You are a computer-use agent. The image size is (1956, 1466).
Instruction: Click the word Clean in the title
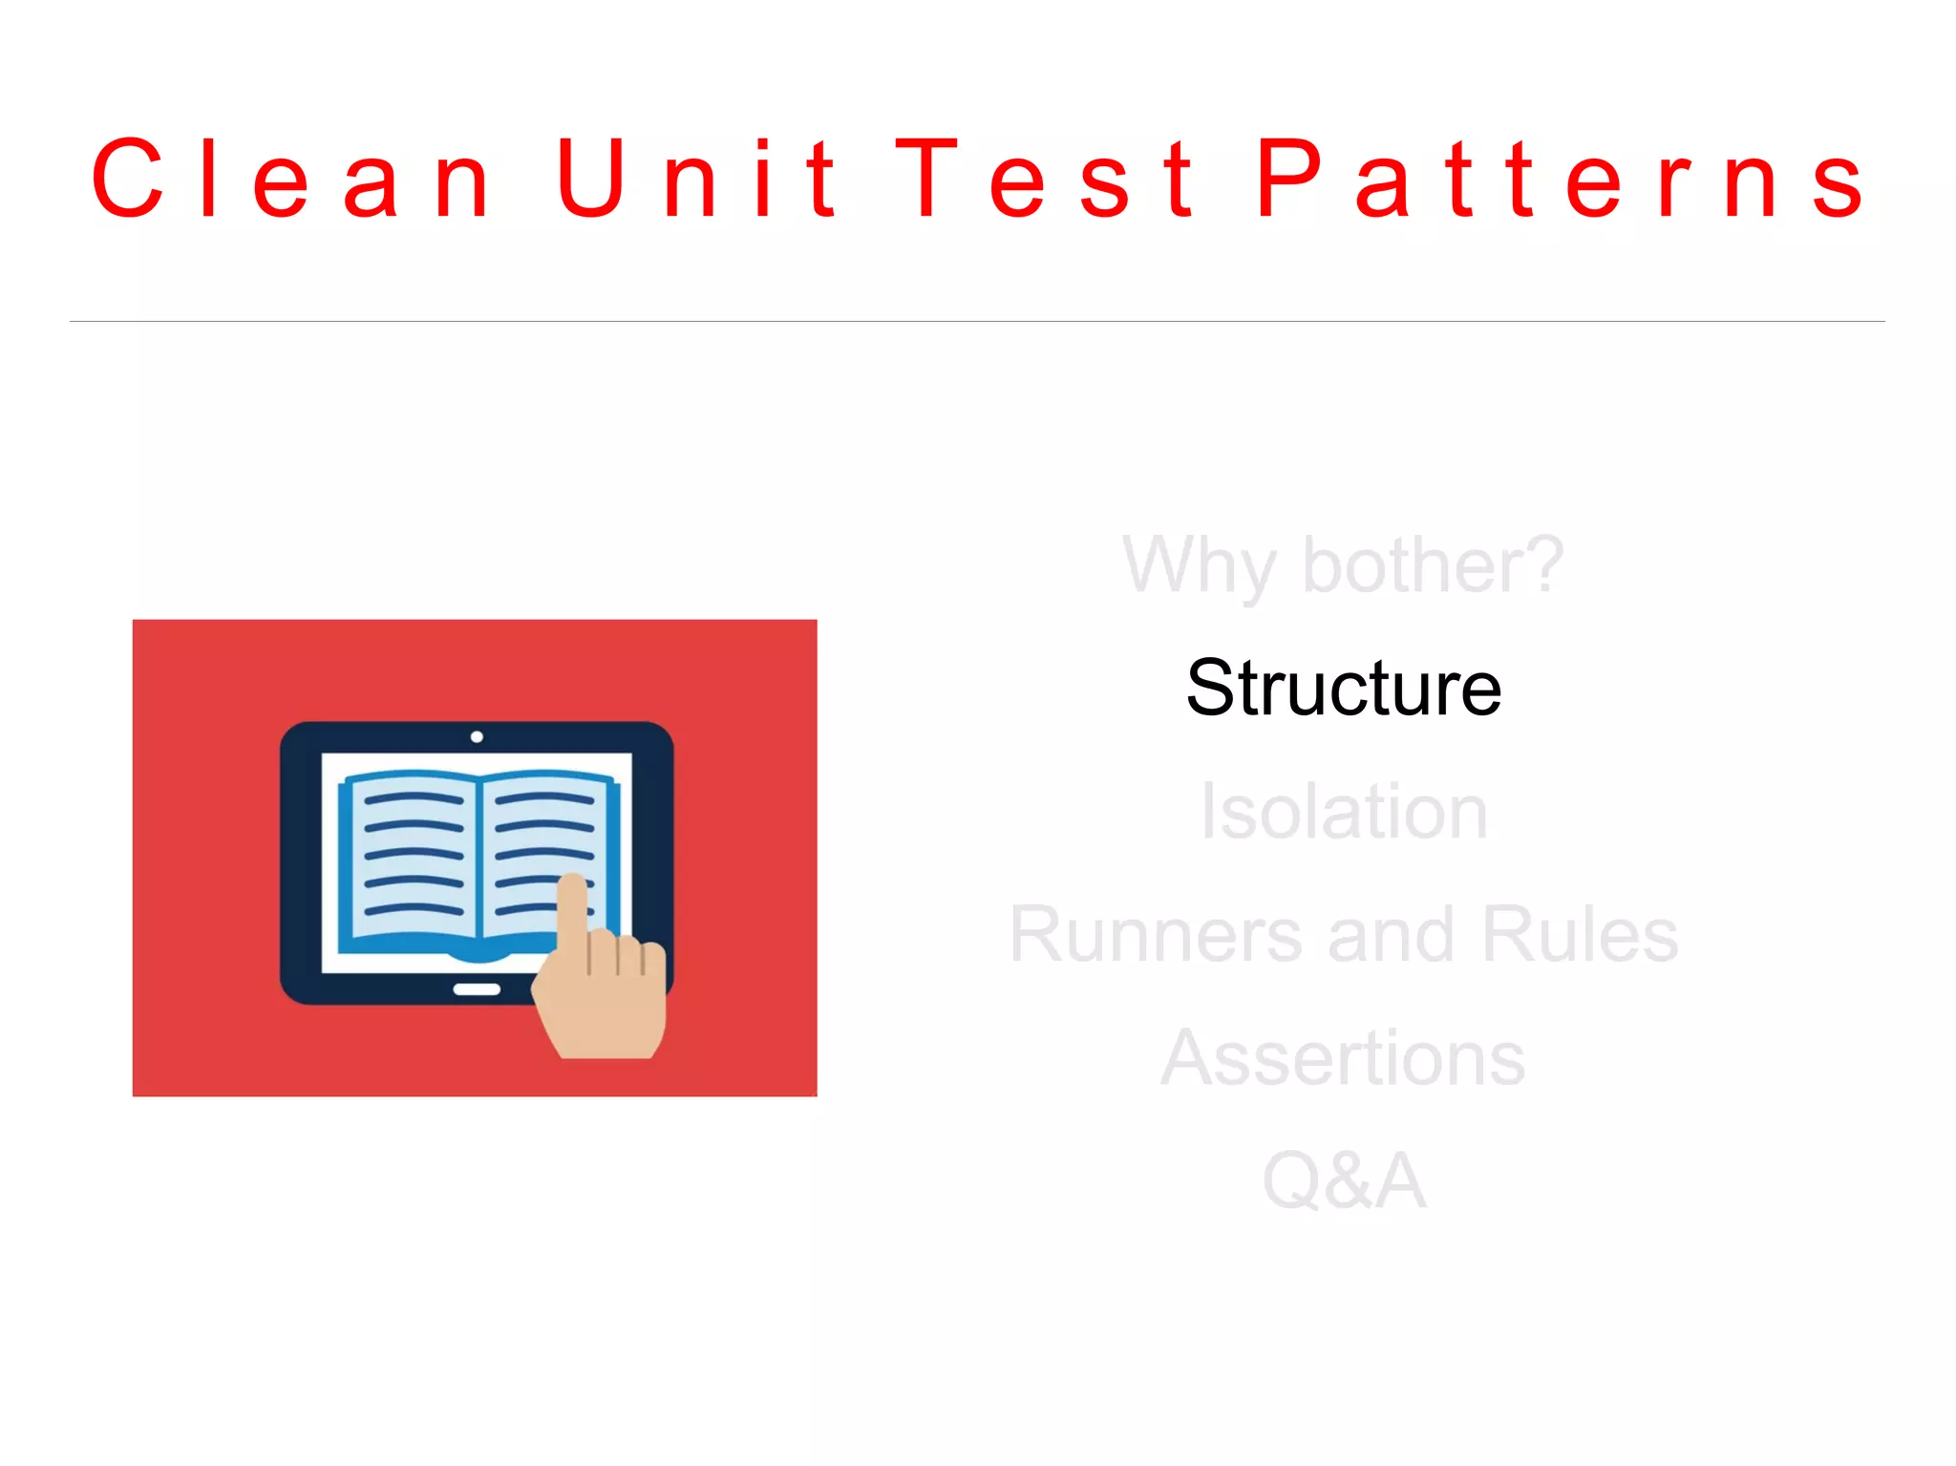pos(291,179)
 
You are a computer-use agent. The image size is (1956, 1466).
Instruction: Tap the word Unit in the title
pos(697,179)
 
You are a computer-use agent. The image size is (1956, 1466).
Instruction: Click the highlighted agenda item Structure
pos(1344,688)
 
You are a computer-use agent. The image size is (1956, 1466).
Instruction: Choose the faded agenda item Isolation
pos(1344,812)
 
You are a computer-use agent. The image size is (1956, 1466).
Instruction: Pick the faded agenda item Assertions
pos(1344,1057)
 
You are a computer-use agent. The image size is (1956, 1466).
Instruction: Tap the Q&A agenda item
pos(1344,1180)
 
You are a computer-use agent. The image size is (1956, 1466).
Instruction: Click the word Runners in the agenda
pos(1156,934)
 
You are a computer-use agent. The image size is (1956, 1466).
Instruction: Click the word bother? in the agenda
pos(1433,565)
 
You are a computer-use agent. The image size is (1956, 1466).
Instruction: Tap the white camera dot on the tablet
pos(477,736)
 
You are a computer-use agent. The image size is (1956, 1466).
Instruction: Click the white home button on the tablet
pos(477,989)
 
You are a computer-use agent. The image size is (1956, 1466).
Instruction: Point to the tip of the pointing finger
pos(572,881)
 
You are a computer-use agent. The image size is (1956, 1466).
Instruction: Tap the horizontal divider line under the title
pos(977,321)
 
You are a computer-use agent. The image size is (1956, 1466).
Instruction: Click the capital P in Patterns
pos(1289,179)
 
